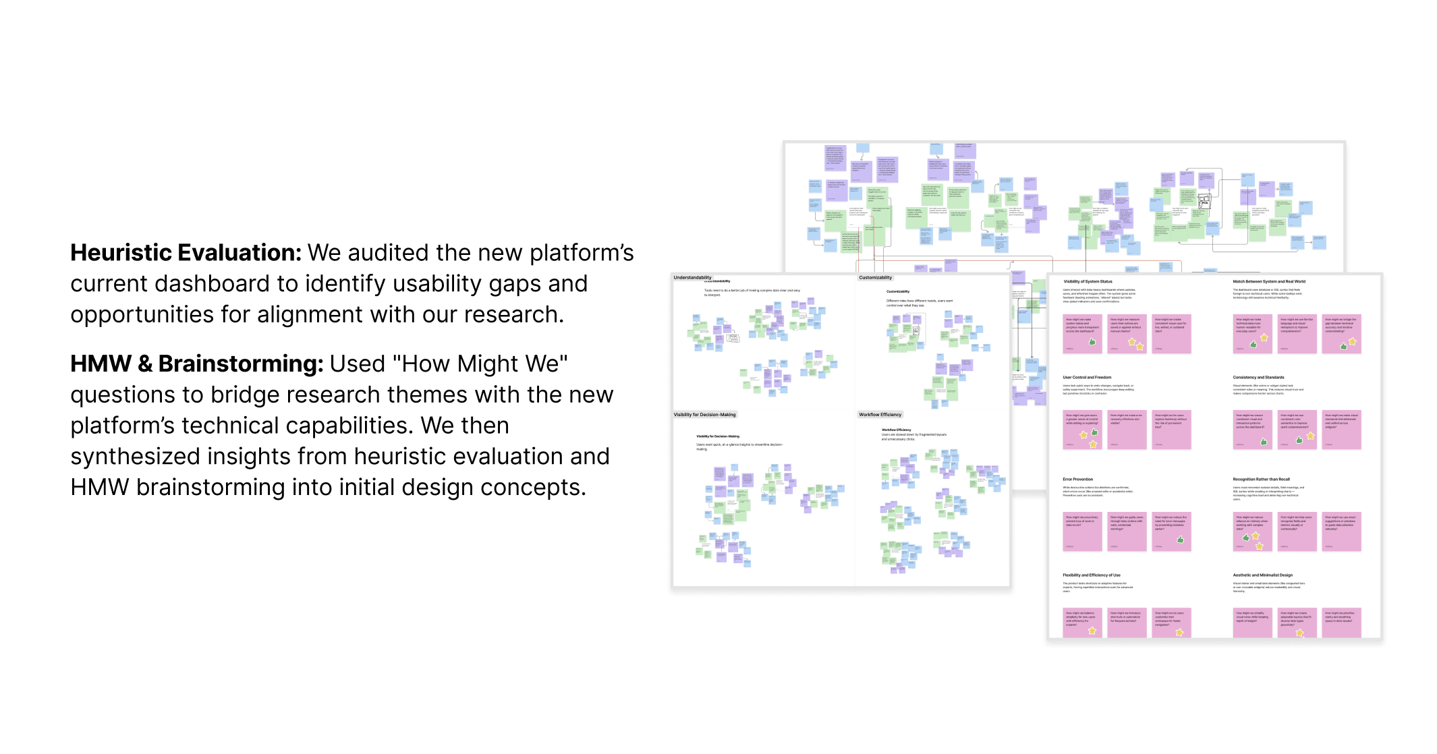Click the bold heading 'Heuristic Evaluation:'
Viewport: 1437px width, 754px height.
[x=186, y=253]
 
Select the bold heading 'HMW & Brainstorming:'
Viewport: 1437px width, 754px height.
[x=197, y=364]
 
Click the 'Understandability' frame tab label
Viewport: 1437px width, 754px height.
[x=692, y=278]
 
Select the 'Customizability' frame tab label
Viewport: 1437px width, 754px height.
[x=875, y=278]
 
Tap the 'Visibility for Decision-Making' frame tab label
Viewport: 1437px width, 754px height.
[x=704, y=415]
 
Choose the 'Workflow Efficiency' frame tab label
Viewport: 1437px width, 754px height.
[x=880, y=415]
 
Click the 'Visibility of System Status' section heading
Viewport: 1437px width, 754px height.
[x=1088, y=282]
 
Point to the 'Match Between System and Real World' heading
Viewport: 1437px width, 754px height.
[x=1268, y=282]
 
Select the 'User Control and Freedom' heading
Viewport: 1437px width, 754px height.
[x=1087, y=378]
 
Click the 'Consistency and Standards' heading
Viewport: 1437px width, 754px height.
[x=1258, y=378]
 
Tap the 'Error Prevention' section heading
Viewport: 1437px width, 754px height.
[x=1077, y=480]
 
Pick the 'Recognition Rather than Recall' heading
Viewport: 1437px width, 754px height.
[x=1261, y=480]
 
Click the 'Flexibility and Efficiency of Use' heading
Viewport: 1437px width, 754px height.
[x=1091, y=575]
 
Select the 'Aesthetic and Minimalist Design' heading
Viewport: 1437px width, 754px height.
[x=1262, y=575]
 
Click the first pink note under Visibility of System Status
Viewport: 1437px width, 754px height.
[x=1082, y=333]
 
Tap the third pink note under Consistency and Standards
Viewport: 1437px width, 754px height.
[x=1341, y=430]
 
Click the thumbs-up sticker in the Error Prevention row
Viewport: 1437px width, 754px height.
[x=1181, y=540]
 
